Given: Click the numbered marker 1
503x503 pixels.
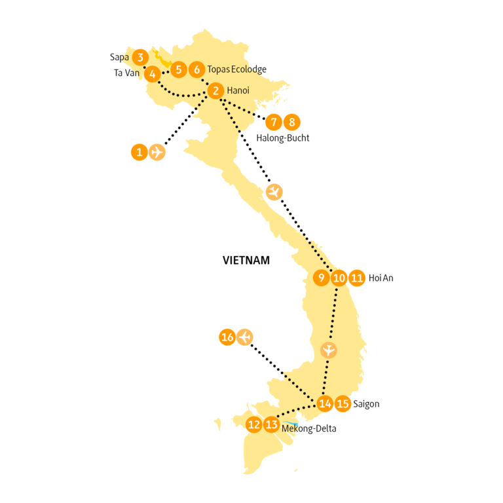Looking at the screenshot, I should (139, 153).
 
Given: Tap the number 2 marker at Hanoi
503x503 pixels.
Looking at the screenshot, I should (216, 91).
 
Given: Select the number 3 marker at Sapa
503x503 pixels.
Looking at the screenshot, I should (140, 57).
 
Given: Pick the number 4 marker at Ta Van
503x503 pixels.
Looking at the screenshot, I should (152, 73).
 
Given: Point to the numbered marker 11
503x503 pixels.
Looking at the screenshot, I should (356, 278).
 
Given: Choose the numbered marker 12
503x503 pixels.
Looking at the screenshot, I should (254, 424).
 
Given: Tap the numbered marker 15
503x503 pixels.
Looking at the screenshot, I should (342, 403).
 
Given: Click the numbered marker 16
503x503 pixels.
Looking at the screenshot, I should (227, 338).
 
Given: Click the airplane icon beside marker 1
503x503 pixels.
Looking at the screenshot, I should (157, 152).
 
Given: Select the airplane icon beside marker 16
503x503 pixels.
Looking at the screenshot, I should (245, 337).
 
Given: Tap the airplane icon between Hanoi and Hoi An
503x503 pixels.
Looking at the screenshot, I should (275, 192).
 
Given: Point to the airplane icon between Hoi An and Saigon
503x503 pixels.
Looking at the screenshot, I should (329, 350).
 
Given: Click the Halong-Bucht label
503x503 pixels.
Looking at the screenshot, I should (283, 138).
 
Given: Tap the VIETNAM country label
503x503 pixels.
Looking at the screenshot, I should (246, 260).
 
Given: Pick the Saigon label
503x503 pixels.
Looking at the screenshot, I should (366, 404).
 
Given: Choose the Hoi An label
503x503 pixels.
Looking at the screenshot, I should (381, 278).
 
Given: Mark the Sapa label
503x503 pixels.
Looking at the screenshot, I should (119, 57).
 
